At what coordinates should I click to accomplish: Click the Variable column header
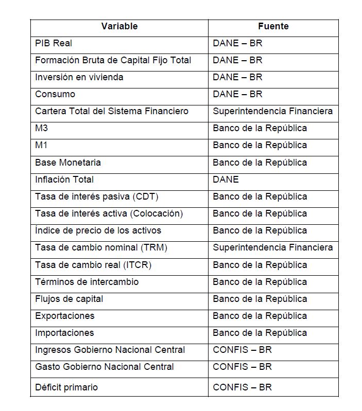coord(119,26)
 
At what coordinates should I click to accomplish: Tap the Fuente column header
coord(273,26)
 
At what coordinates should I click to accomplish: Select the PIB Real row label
coord(54,43)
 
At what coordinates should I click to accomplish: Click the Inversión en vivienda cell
coord(79,77)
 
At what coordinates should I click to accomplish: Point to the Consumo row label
coord(55,94)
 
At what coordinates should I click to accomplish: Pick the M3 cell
coord(42,128)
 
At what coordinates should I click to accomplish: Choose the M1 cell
coord(41,145)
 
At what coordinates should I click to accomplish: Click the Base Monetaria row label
coord(68,163)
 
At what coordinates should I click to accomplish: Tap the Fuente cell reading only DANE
coord(226,180)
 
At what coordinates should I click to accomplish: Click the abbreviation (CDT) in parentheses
coord(146,196)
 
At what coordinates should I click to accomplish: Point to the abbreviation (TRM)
coord(154,247)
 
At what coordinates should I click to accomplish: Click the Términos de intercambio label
coord(87,282)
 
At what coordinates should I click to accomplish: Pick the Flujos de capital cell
coord(69,299)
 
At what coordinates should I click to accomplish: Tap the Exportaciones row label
coord(65,316)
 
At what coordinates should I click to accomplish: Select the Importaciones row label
coord(64,333)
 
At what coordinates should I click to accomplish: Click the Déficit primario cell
coord(66,387)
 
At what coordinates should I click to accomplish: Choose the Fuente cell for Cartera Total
coord(272,111)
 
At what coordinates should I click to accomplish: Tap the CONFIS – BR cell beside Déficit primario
coord(242,387)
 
